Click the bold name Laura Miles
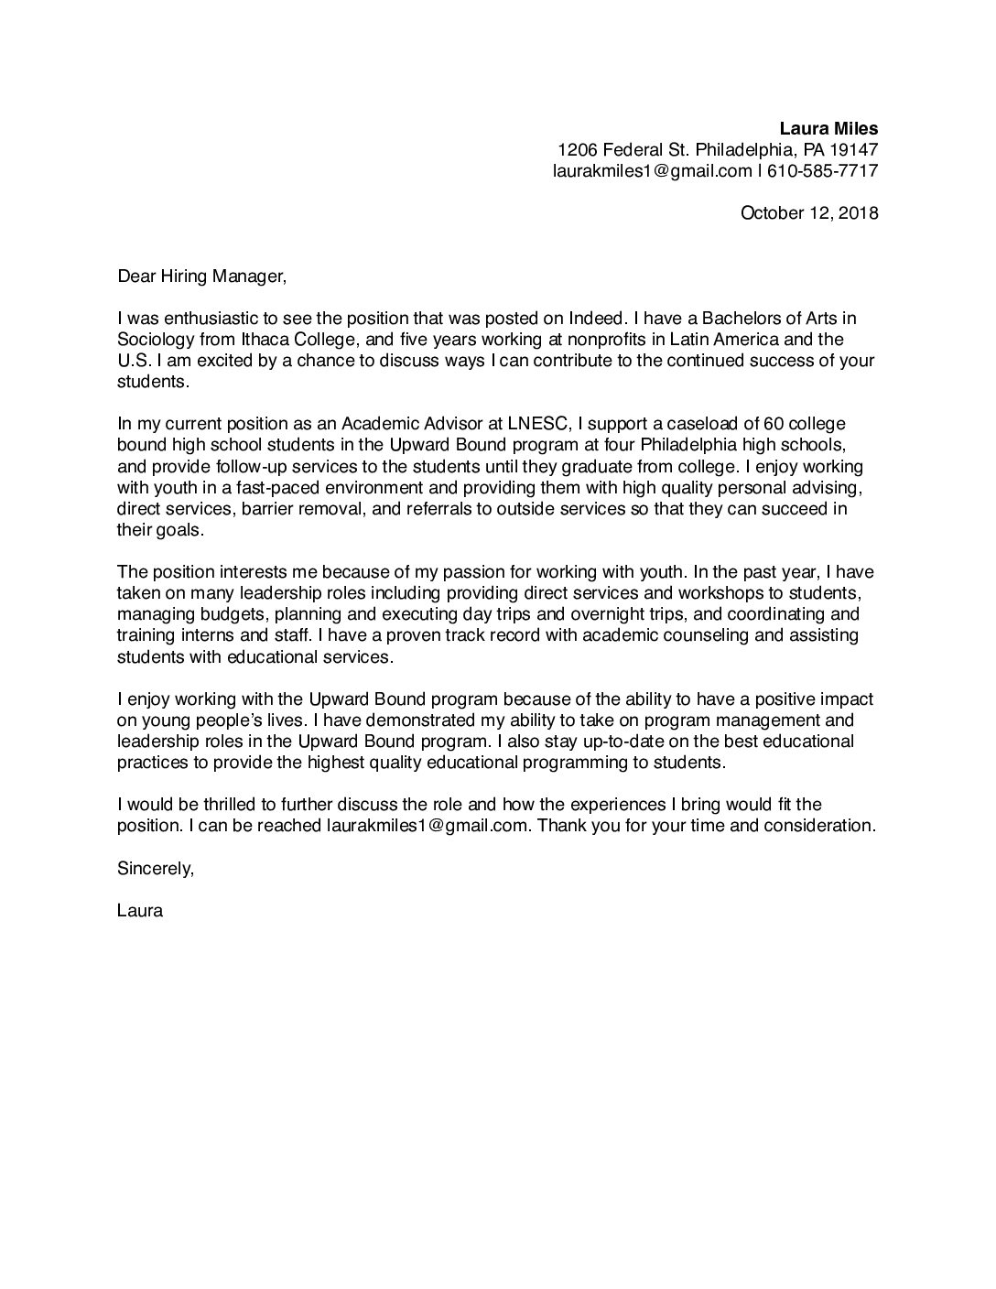pos(828,128)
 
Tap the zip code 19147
pos(854,149)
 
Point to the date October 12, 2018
pos(808,213)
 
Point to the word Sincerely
pos(156,868)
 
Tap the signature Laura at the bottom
pos(140,911)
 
